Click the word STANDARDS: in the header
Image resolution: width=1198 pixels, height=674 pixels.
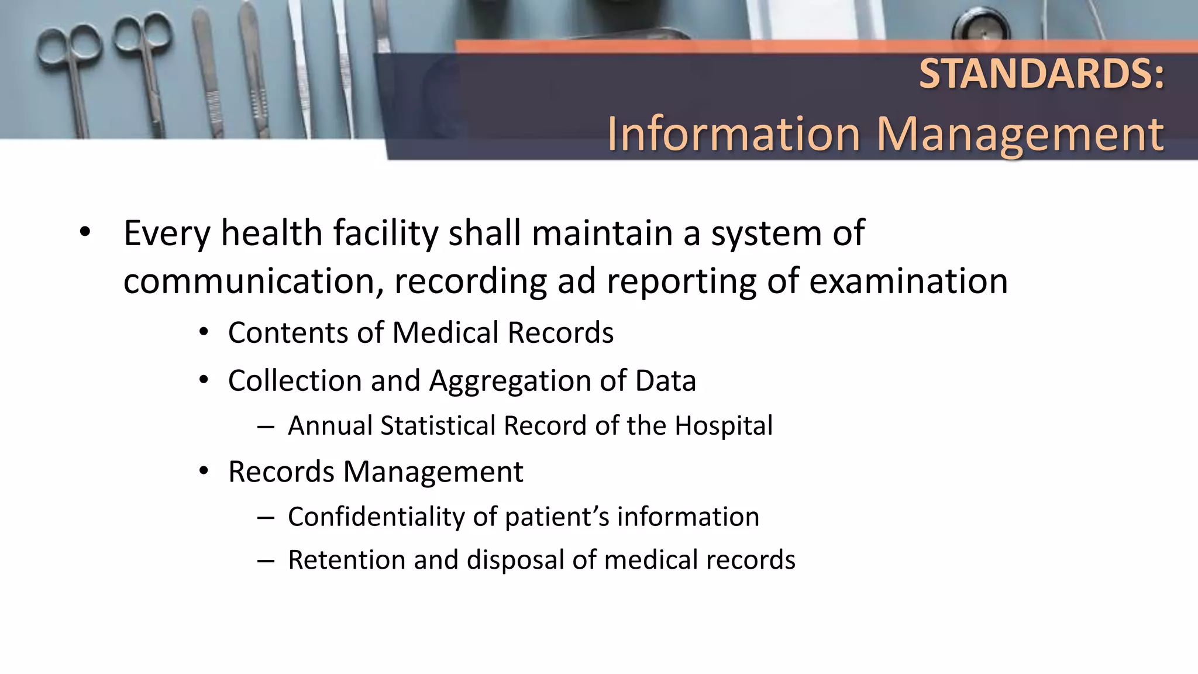pos(1041,74)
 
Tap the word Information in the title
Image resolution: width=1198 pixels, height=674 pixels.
pos(734,135)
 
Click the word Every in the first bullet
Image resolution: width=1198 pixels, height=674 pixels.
pos(167,233)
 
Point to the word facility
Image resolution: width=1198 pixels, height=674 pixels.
pos(385,233)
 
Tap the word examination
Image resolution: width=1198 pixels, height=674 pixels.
pos(908,281)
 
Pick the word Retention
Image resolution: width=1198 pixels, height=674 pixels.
pos(346,560)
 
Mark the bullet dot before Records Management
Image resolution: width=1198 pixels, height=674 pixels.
pos(204,472)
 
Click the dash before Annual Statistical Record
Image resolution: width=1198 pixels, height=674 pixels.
pos(266,427)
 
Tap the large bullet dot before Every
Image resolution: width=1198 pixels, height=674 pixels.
pos(85,232)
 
